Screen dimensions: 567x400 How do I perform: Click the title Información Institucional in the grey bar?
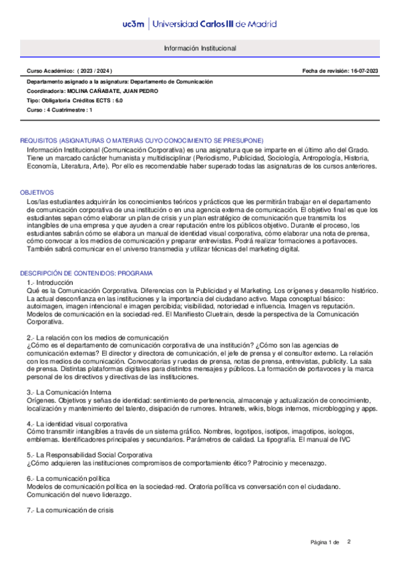click(200, 49)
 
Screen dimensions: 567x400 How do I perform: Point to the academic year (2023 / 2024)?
click(95, 71)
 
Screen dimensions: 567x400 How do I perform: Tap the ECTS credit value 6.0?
click(119, 100)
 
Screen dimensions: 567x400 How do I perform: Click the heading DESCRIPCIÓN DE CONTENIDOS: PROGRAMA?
click(86, 273)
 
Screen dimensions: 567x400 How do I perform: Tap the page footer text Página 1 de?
click(325, 541)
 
